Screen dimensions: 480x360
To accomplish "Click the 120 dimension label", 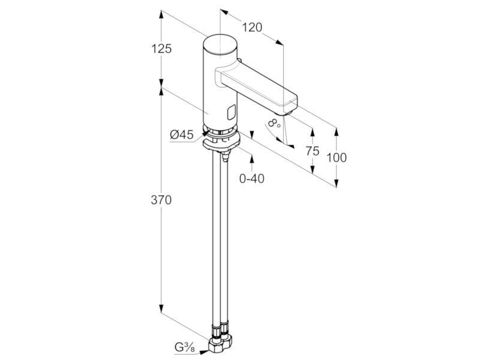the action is [x=252, y=28].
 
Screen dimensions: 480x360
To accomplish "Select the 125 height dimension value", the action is [x=161, y=49].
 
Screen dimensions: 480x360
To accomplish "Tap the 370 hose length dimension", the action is [x=161, y=200].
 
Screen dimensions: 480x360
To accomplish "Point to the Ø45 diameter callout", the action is [x=182, y=134].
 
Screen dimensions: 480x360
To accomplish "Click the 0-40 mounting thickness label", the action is [x=251, y=178].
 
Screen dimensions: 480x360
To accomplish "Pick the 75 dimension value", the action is [x=312, y=151].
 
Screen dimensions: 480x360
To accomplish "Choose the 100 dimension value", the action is [x=337, y=158].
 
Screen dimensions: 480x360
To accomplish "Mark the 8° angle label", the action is [x=274, y=123].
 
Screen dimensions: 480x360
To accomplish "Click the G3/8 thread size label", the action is [x=185, y=347].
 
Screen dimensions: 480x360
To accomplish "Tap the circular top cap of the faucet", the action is [x=220, y=44].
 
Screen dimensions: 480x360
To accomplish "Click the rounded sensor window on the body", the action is [x=232, y=112].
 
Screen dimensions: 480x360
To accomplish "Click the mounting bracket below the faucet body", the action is [x=221, y=145].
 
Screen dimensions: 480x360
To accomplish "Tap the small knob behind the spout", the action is [x=239, y=61].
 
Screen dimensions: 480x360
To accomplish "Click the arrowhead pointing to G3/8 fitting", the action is [x=205, y=352].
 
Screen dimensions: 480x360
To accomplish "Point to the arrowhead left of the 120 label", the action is [x=224, y=13].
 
